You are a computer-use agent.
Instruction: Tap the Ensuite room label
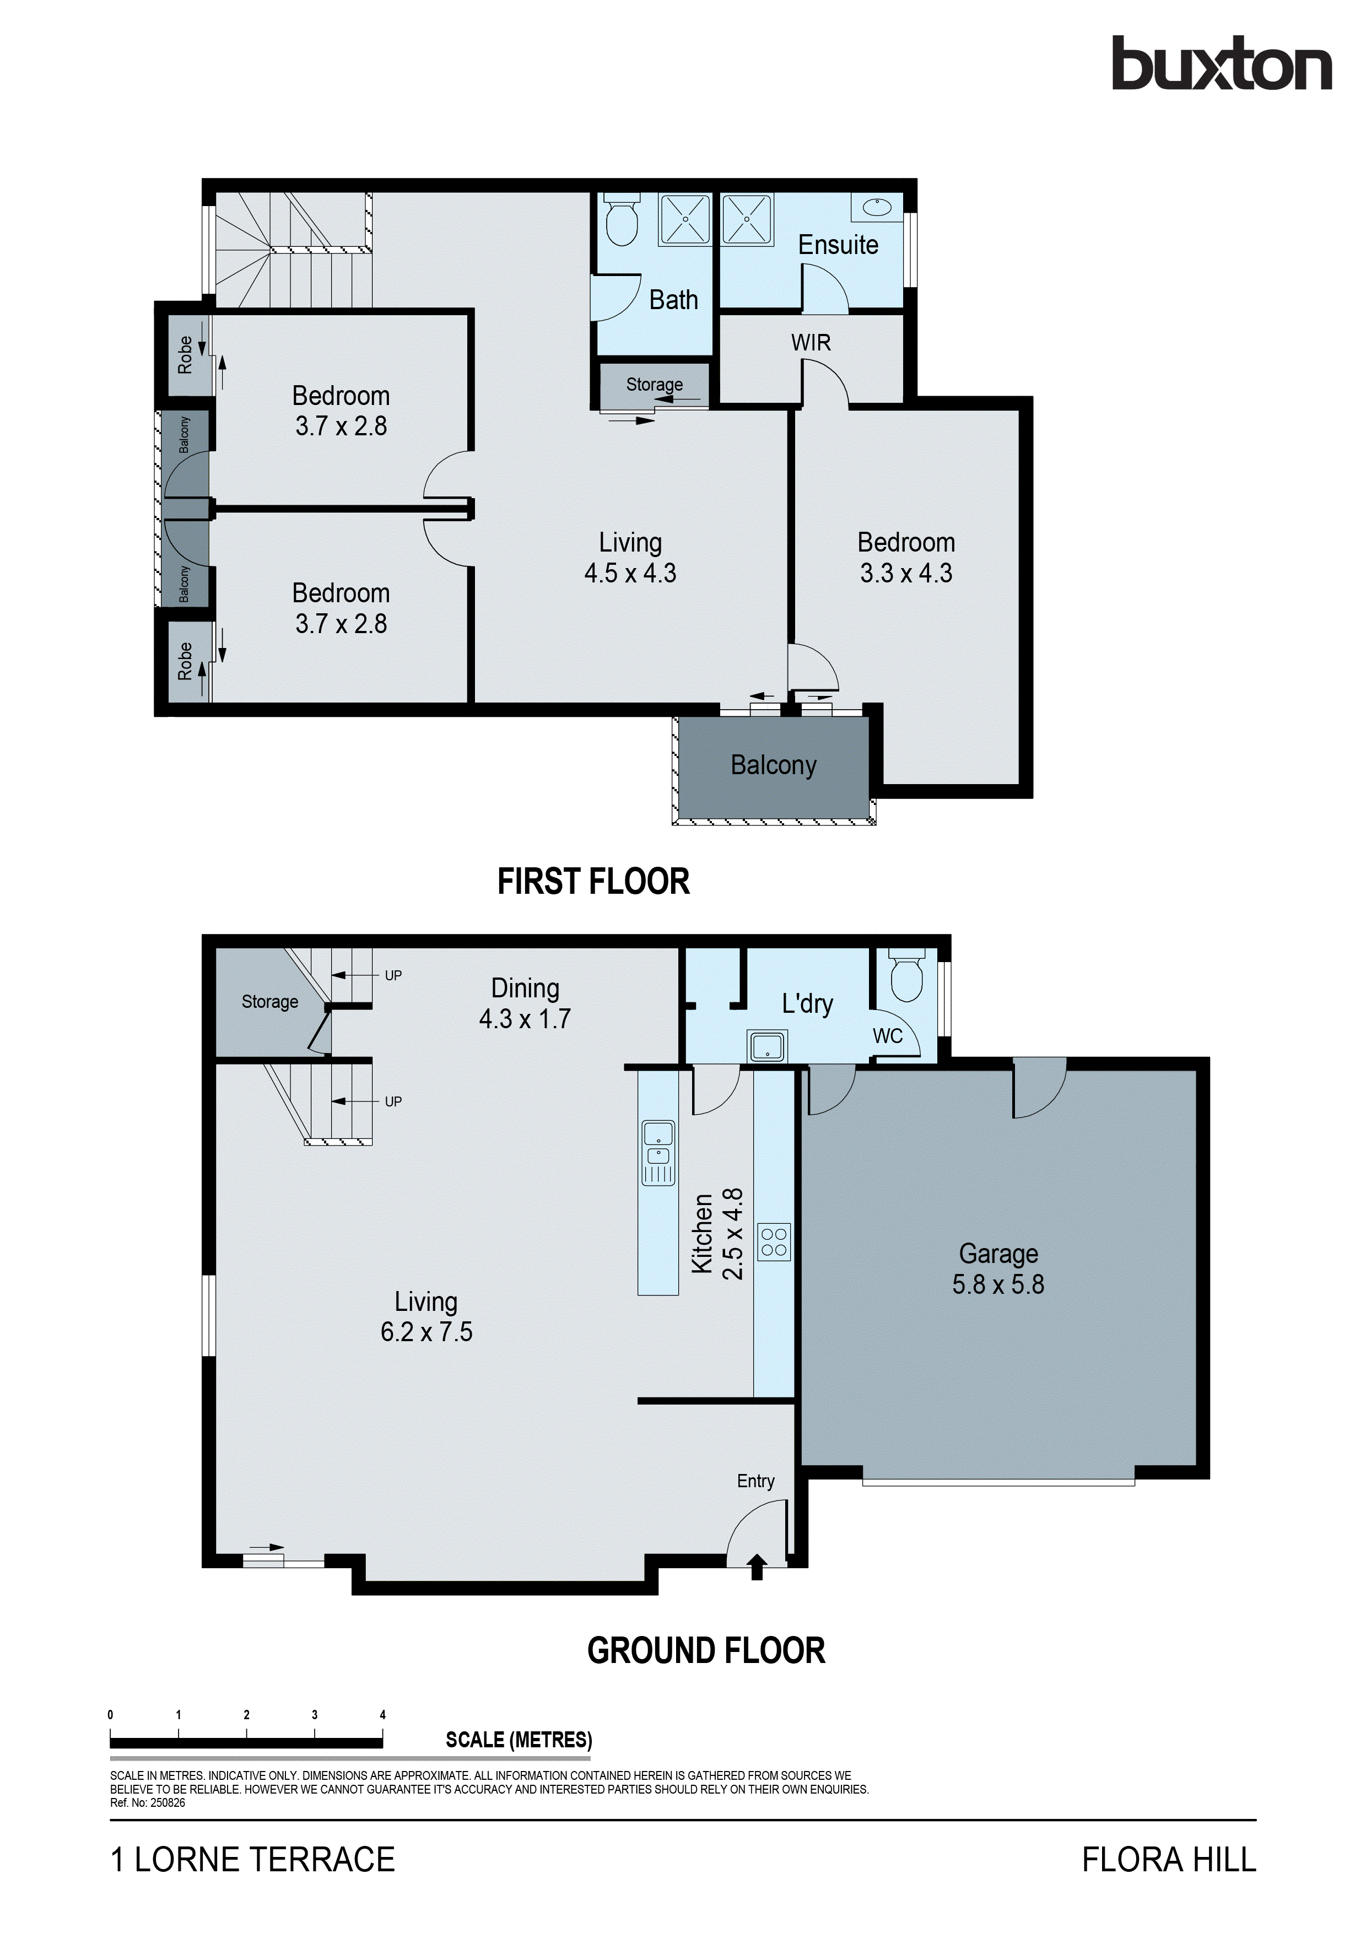coord(838,245)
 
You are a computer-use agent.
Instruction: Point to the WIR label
coord(811,343)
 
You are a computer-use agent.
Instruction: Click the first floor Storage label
coord(654,385)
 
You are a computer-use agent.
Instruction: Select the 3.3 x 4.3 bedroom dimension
coord(906,573)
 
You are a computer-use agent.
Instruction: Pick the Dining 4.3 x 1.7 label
coord(525,1003)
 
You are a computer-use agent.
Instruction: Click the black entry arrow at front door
coord(757,1567)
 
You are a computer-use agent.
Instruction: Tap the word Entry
coord(755,1481)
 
